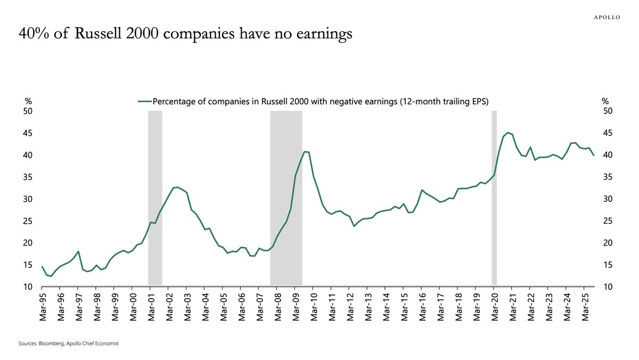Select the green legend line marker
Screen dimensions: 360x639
(144, 101)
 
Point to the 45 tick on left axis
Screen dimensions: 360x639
(27, 133)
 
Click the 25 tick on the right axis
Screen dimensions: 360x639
(607, 221)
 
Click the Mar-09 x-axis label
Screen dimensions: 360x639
(295, 307)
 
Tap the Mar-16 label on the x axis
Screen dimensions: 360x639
(421, 307)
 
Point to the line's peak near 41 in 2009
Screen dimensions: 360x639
(305, 152)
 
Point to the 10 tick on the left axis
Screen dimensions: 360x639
(27, 287)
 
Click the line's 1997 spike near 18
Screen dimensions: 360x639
(78, 251)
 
